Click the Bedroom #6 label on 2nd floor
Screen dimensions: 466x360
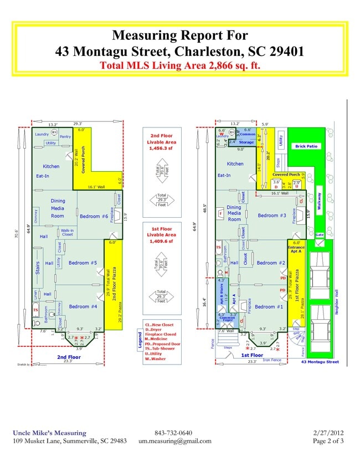click(93, 216)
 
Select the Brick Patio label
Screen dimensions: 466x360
click(307, 146)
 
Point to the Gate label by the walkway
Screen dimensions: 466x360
click(319, 235)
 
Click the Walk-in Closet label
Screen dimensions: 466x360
click(68, 233)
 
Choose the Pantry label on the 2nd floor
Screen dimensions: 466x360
click(65, 136)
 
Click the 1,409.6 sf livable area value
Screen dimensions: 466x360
click(161, 242)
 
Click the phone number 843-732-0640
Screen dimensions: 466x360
click(173, 433)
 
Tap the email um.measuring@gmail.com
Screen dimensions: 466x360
click(174, 441)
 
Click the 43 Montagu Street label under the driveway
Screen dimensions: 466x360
click(320, 362)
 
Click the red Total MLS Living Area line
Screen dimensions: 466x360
click(179, 65)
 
